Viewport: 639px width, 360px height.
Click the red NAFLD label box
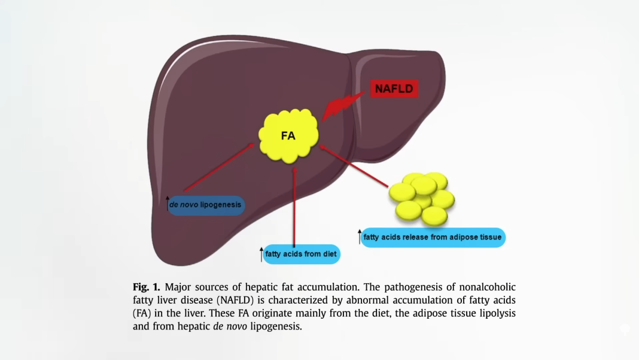click(x=393, y=89)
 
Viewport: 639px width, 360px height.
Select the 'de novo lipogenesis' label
click(x=206, y=205)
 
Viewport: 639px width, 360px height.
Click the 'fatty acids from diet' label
click(x=302, y=254)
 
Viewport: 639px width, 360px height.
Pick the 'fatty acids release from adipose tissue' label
click(x=433, y=237)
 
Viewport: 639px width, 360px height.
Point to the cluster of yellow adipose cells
click(x=422, y=198)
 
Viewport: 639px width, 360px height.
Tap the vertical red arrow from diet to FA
click(x=294, y=204)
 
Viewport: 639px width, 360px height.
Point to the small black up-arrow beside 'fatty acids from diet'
click(x=261, y=253)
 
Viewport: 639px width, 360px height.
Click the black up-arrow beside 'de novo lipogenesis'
click(x=168, y=204)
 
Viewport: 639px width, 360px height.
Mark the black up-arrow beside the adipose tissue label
click(x=360, y=237)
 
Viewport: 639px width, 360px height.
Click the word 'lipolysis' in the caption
click(x=496, y=313)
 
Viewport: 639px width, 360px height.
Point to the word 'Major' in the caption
click(x=178, y=287)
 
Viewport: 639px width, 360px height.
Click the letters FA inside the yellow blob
click(x=288, y=135)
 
